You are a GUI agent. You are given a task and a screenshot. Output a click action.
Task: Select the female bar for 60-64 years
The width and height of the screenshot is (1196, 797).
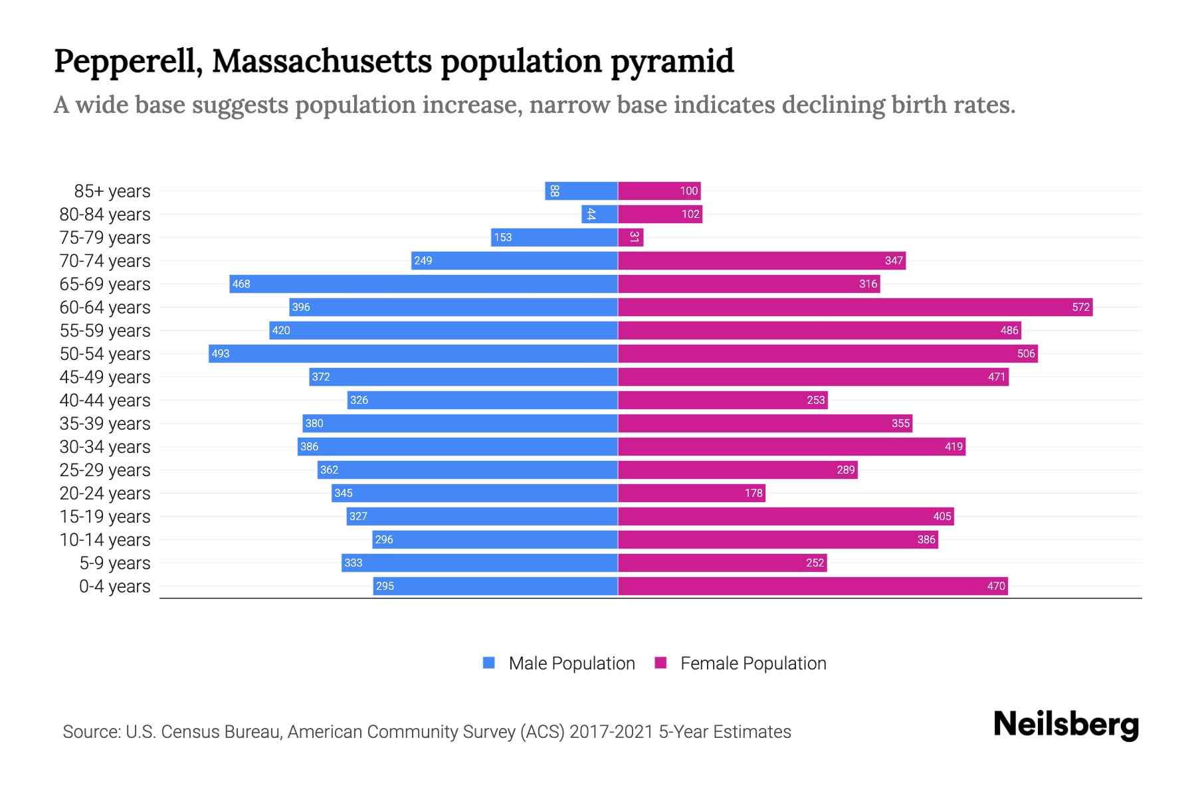[x=855, y=307]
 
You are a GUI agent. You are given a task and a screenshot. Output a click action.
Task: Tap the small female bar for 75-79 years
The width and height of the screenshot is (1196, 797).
[x=631, y=237]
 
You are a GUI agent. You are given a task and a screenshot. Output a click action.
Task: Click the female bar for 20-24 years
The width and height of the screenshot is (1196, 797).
[x=692, y=493]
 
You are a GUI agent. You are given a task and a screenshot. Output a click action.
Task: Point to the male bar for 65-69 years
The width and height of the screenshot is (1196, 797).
[x=424, y=284]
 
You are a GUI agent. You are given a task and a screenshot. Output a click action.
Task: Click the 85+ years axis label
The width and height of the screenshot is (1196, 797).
[x=112, y=191]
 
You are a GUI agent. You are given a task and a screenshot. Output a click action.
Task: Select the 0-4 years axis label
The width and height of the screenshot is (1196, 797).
[x=114, y=586]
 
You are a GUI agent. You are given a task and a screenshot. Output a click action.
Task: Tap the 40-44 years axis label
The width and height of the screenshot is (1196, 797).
[x=105, y=400]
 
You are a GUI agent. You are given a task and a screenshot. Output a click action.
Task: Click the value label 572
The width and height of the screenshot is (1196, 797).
[x=1080, y=307]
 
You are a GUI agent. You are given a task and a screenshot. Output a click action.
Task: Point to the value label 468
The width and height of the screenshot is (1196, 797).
[x=241, y=284]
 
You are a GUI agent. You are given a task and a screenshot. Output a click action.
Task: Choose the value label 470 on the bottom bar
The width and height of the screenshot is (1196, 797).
[x=996, y=586]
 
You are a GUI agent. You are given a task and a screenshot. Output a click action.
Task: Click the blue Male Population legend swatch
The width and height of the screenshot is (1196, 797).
[x=489, y=663]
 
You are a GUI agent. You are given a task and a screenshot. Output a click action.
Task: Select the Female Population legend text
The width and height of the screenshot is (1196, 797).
[x=753, y=664]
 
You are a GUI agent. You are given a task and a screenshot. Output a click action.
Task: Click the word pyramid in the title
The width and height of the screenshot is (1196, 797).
[x=672, y=61]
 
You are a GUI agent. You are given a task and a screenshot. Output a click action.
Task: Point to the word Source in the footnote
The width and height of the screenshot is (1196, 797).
[x=90, y=732]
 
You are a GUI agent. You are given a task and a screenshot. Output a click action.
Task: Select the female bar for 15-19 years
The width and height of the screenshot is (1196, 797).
[x=786, y=516]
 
